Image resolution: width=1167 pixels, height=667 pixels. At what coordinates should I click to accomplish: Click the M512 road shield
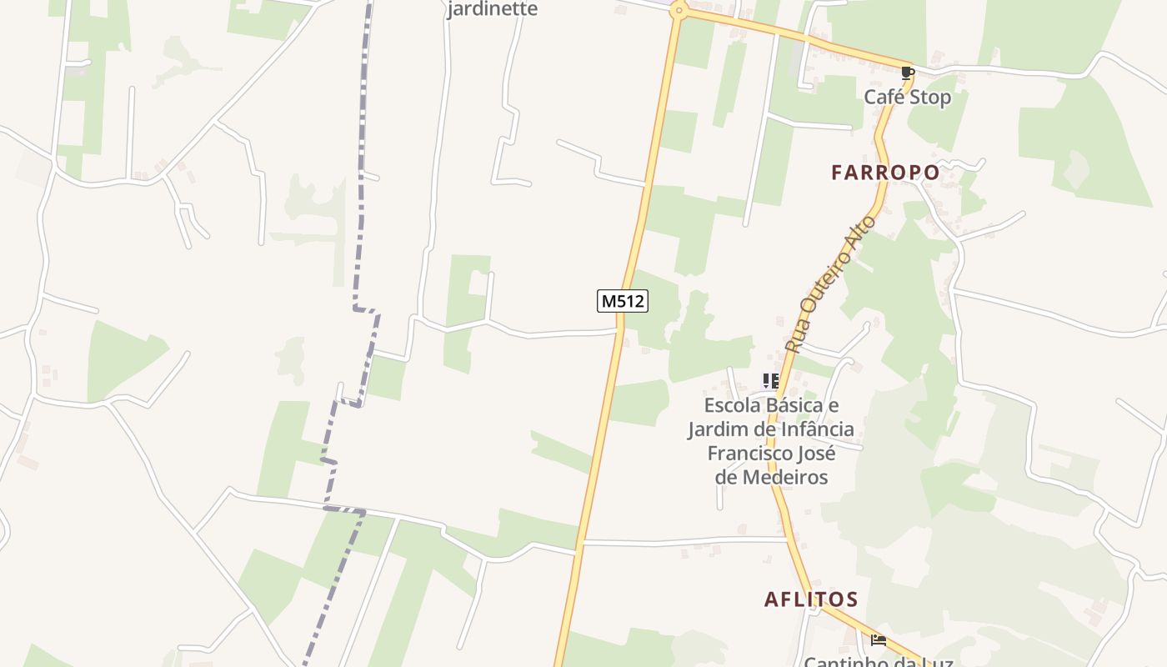pos(623,301)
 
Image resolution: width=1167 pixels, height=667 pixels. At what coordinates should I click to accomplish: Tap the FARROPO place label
pos(885,173)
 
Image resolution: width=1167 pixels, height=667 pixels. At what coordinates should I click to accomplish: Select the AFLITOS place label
pos(811,599)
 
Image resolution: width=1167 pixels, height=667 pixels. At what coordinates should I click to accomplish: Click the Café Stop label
pos(907,98)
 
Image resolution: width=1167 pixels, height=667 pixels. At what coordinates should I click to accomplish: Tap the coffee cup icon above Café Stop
pos(908,73)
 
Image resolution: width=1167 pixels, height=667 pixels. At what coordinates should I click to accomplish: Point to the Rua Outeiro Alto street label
pos(831,283)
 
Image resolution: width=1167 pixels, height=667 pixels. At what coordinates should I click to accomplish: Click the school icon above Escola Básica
pos(771,381)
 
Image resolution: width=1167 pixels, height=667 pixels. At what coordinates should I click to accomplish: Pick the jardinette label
pos(493,9)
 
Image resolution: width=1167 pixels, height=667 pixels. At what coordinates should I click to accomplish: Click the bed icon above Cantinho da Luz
pos(879,640)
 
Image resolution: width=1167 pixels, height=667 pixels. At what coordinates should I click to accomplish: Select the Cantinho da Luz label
pos(878,662)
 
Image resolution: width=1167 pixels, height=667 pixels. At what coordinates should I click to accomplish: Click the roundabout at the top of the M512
pos(679,11)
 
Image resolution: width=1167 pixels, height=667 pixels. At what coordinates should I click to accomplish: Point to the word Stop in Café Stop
pos(930,98)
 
